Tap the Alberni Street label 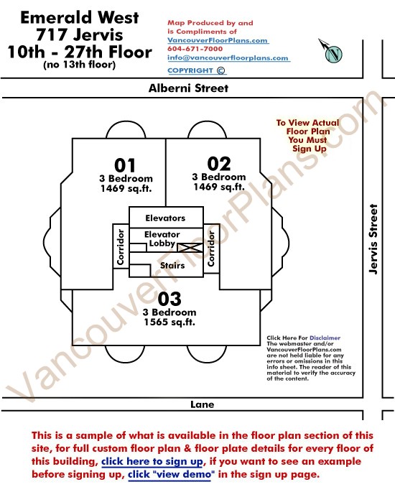[x=188, y=88]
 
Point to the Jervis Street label [x=373, y=239]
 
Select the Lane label [x=203, y=404]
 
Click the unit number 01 [x=125, y=165]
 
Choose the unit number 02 [x=219, y=164]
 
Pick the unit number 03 [x=169, y=299]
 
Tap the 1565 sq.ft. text [x=169, y=322]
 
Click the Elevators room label [x=165, y=218]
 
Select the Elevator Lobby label [x=162, y=238]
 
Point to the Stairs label [x=172, y=266]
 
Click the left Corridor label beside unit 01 [x=121, y=247]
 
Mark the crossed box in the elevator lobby [x=190, y=248]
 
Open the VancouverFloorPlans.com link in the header [x=218, y=40]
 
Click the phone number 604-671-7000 [x=195, y=49]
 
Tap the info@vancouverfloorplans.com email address [x=228, y=58]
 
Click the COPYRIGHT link [x=196, y=70]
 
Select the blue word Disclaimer [x=325, y=338]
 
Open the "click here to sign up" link [x=152, y=462]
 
